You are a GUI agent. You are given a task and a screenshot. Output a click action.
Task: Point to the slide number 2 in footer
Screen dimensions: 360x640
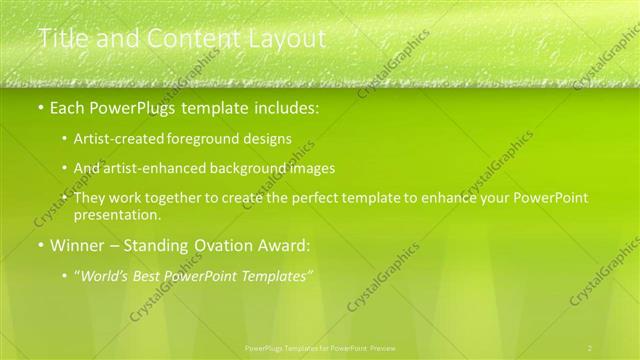pos(590,347)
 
